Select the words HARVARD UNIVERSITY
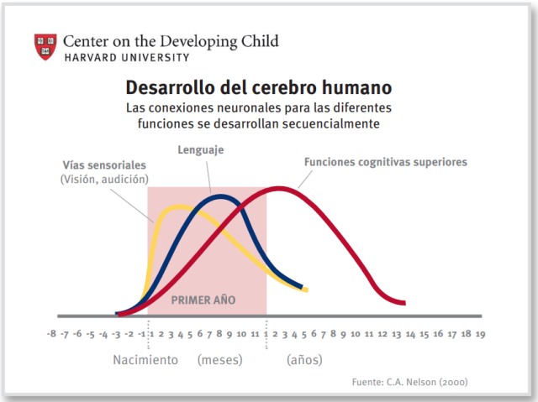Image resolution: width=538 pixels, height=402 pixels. [126, 57]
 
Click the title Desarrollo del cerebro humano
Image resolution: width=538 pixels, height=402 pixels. [258, 87]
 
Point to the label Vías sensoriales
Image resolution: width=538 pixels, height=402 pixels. [104, 164]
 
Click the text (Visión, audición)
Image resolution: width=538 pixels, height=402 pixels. [104, 179]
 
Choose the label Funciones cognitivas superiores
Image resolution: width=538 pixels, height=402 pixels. [385, 162]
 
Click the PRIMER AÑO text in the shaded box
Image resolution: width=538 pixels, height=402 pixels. [203, 299]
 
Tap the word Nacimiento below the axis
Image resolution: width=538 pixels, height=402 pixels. [145, 360]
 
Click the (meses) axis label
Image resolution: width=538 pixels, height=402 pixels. [219, 360]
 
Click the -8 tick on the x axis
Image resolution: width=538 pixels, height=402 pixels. [52, 333]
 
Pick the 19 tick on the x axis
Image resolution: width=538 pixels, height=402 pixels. [479, 333]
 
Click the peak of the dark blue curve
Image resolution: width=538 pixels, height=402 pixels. [220, 197]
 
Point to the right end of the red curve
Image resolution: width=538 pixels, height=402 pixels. [405, 303]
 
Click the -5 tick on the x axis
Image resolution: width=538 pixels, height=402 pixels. [91, 333]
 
